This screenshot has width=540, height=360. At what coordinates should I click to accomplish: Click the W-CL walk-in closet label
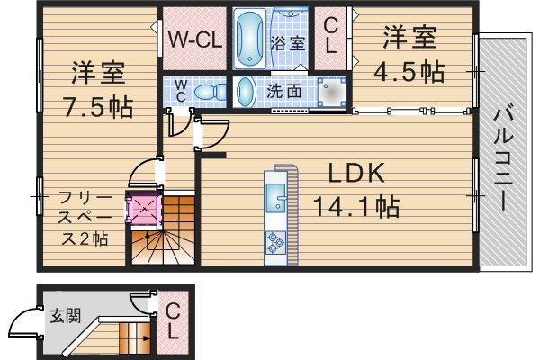(x=195, y=40)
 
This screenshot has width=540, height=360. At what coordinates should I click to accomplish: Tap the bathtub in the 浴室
(x=249, y=38)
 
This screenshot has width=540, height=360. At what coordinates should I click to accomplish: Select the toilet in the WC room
(x=210, y=92)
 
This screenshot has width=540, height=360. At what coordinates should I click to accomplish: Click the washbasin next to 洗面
(x=245, y=92)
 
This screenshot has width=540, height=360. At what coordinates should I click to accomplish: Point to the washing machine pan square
(x=331, y=92)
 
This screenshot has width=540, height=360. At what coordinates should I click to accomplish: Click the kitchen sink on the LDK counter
(x=276, y=198)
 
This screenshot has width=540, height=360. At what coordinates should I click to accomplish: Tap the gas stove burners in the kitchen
(x=276, y=242)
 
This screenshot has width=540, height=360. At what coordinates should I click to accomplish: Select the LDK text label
(x=356, y=174)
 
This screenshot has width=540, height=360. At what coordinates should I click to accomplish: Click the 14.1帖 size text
(x=356, y=206)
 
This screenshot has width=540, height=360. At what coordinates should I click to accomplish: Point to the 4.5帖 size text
(x=409, y=72)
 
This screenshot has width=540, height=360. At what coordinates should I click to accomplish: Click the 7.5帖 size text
(x=97, y=107)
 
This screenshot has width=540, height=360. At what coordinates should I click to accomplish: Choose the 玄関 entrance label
(x=66, y=316)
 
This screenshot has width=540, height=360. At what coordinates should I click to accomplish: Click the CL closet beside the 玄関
(x=173, y=321)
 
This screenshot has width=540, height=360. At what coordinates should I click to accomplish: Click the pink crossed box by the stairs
(x=143, y=208)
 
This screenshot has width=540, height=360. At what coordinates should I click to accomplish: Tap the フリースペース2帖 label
(x=85, y=218)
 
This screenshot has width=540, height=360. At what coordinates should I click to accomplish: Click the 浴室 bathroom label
(x=288, y=43)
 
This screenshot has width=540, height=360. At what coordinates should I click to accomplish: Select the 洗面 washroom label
(x=284, y=91)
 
